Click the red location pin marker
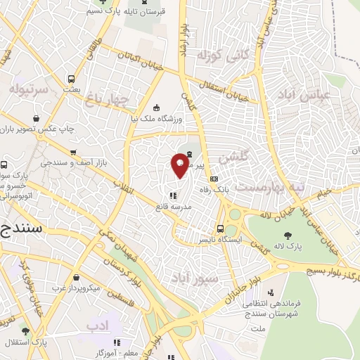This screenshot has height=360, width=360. [179, 163]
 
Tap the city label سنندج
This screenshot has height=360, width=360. [20, 229]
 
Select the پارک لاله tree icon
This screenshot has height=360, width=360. [287, 236]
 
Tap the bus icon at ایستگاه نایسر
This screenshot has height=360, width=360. [221, 229]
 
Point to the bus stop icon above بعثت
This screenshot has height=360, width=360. [70, 79]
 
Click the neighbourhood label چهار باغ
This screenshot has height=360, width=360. [111, 99]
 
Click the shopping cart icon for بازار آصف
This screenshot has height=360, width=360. [73, 152]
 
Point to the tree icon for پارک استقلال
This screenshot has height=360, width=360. [26, 332]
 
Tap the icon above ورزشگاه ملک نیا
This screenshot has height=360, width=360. [156, 108]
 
